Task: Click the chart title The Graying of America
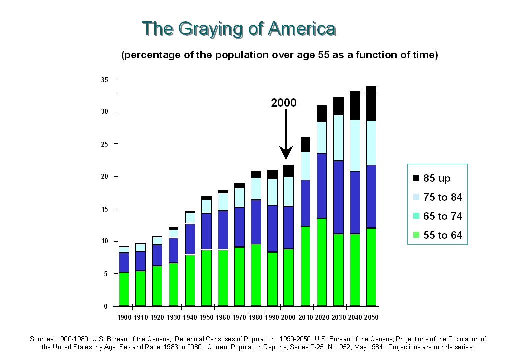click(239, 29)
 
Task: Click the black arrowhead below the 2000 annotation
click(286, 152)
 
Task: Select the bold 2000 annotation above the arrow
click(284, 103)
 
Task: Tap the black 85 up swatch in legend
click(416, 178)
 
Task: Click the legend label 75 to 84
click(442, 197)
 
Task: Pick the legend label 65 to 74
click(442, 216)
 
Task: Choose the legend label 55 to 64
click(442, 235)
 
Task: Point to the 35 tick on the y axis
click(105, 80)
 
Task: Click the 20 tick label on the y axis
click(105, 176)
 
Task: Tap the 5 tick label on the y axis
click(106, 274)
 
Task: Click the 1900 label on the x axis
click(124, 317)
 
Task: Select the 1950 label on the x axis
click(206, 317)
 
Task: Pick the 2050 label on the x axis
click(371, 317)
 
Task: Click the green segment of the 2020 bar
click(322, 262)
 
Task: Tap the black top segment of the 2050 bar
click(371, 104)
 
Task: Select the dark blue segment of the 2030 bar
click(338, 197)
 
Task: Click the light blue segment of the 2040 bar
click(355, 146)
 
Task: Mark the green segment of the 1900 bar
click(124, 289)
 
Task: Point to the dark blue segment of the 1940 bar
click(190, 239)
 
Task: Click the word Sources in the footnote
click(42, 339)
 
